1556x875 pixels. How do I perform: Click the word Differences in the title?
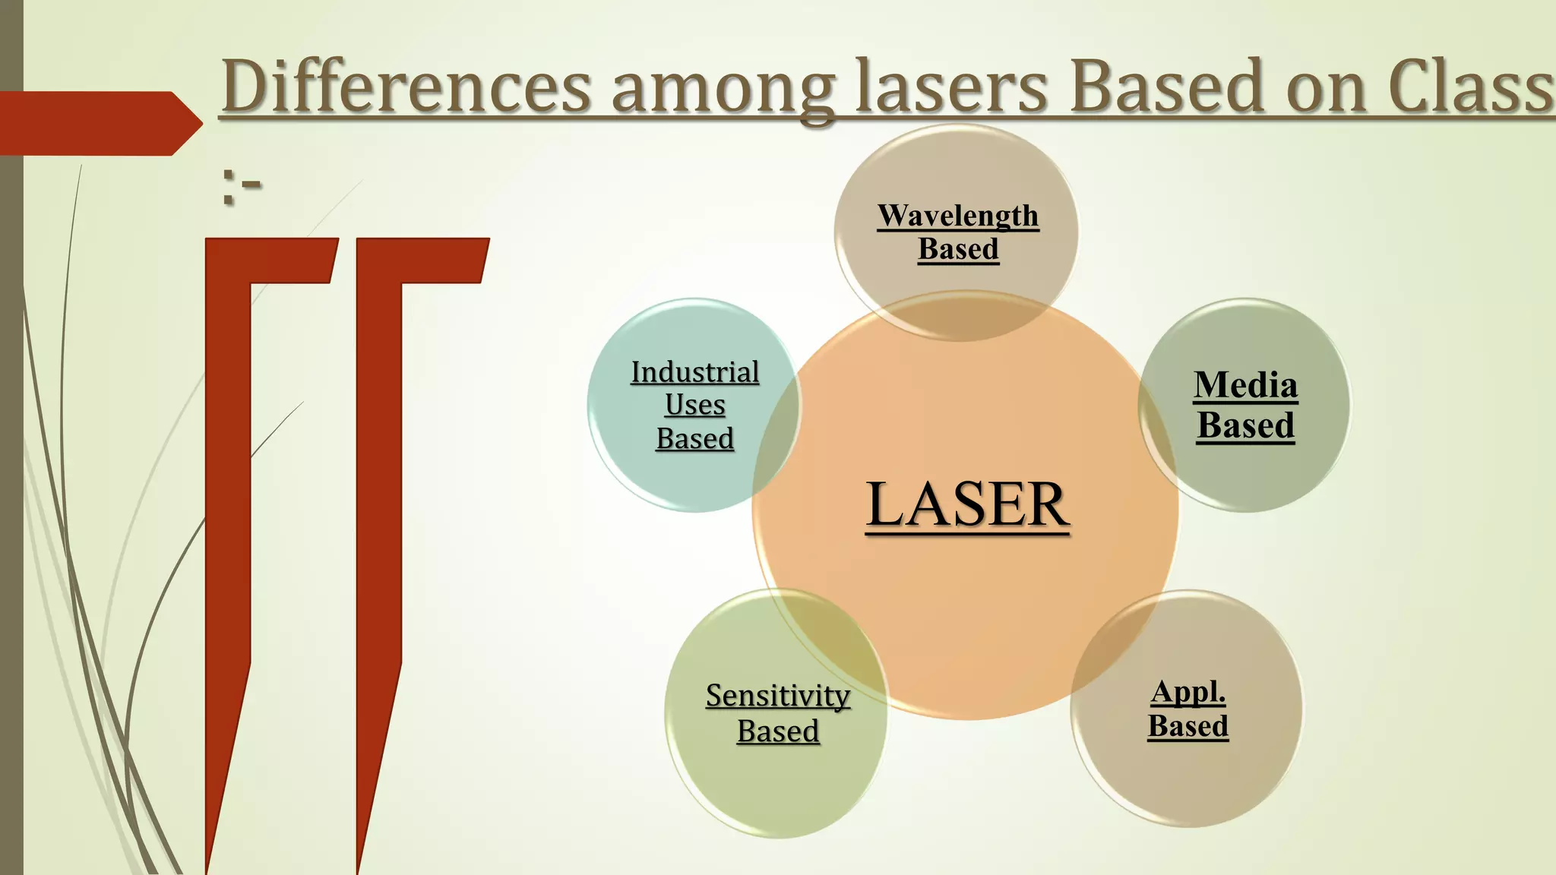(x=406, y=87)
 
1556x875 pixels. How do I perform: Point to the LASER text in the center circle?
(x=967, y=504)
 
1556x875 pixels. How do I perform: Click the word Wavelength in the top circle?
(x=957, y=216)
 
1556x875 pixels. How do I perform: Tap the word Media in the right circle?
(x=1245, y=384)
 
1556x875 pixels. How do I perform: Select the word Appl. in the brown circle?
(x=1188, y=692)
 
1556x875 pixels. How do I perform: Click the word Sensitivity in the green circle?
(x=777, y=695)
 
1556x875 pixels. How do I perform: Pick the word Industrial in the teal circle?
(x=694, y=372)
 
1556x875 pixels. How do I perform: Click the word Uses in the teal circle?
(x=694, y=405)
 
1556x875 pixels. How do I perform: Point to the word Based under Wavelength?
(x=957, y=249)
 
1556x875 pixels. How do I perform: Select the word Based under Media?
(x=1245, y=425)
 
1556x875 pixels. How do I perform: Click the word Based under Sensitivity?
(x=777, y=731)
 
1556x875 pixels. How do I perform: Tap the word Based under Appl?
(x=1188, y=726)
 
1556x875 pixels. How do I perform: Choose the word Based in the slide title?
(x=1167, y=87)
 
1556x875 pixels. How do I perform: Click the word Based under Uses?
(x=694, y=438)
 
